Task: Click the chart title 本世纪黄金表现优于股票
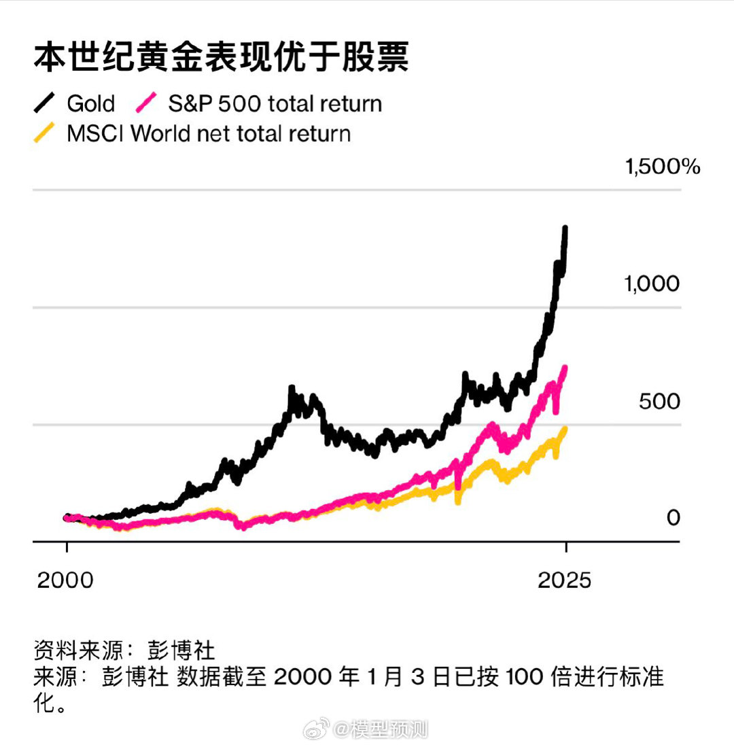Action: [x=221, y=58]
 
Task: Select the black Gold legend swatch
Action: [x=46, y=103]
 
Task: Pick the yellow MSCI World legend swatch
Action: [x=46, y=133]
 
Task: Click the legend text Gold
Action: [x=91, y=104]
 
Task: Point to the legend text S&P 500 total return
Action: [x=275, y=104]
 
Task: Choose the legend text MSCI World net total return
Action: [x=209, y=133]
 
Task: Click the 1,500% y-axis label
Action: [x=662, y=167]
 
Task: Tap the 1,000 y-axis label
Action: [x=652, y=283]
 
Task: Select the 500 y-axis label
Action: [x=659, y=401]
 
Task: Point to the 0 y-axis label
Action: [x=673, y=518]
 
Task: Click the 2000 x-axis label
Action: [x=66, y=580]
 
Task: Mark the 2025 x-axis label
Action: [x=565, y=580]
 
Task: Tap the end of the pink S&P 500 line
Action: [x=565, y=368]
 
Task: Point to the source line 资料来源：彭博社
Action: [x=124, y=650]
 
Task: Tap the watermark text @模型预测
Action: [x=381, y=730]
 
